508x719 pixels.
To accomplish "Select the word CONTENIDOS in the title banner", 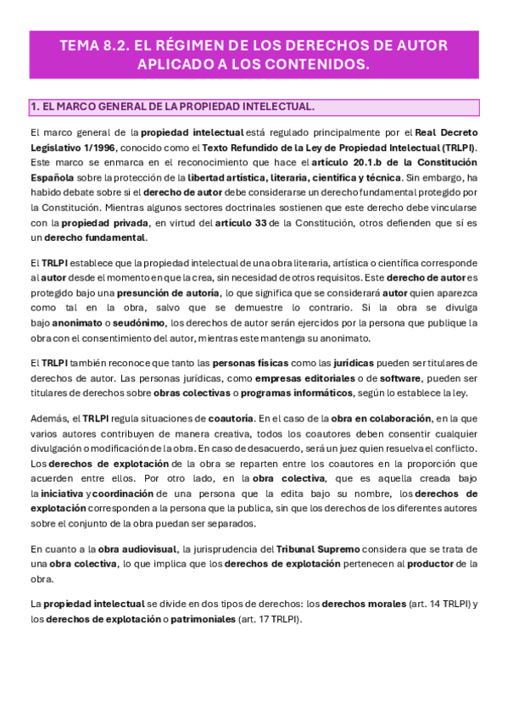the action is coord(323,65).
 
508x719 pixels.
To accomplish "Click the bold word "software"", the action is coord(404,378).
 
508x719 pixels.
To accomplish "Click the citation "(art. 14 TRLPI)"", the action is coord(430,604).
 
